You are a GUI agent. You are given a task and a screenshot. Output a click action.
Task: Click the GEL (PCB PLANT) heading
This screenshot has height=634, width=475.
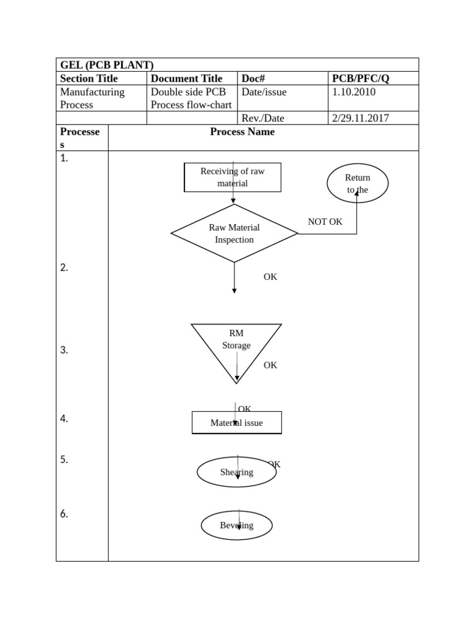[107, 65]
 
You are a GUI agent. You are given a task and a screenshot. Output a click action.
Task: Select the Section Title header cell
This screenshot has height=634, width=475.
[88, 79]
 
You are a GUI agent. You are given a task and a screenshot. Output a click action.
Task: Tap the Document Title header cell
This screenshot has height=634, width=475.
[186, 79]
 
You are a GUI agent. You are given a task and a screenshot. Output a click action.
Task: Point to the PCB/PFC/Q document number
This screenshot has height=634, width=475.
[361, 79]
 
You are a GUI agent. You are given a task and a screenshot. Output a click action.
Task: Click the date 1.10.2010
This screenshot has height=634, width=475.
[354, 92]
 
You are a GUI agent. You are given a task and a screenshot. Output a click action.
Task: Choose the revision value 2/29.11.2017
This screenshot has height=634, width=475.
[361, 118]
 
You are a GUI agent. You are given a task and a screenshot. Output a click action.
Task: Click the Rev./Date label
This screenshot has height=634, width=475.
[263, 118]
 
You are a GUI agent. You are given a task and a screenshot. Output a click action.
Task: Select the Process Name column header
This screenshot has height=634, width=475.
[242, 132]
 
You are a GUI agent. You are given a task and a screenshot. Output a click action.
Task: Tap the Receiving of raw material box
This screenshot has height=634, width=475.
[233, 177]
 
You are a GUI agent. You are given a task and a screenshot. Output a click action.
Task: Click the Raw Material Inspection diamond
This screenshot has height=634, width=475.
[234, 233]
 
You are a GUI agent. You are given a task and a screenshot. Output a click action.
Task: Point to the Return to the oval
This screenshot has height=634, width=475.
[357, 183]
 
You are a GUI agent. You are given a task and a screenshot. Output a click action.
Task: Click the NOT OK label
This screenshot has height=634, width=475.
[325, 222]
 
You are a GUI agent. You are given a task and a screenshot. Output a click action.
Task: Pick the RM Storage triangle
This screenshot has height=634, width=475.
[236, 345]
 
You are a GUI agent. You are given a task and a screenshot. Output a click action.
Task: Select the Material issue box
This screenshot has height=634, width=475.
[237, 423]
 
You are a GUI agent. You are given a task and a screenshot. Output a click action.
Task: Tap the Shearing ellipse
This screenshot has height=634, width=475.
[236, 472]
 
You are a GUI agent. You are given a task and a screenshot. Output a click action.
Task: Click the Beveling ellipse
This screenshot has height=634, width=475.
[236, 526]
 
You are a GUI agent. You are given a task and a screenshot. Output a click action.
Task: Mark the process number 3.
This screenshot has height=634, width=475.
[64, 350]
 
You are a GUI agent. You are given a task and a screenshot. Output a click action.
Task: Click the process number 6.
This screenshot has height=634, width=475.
[64, 513]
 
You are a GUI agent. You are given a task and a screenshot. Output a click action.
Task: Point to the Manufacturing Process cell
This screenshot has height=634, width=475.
[92, 98]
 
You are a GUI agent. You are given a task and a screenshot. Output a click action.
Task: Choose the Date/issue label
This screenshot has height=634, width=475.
[264, 92]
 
